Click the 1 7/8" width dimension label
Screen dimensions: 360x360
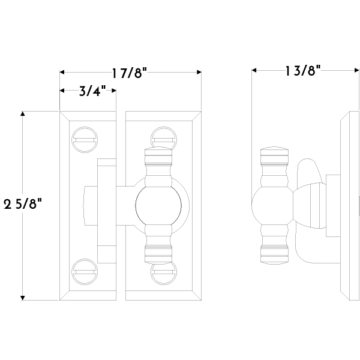coord(129,73)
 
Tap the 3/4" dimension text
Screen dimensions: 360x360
coord(92,91)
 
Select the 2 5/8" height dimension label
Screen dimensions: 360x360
coord(23,204)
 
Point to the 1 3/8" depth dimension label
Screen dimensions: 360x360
coord(302,70)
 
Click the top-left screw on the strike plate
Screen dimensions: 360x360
coord(85,140)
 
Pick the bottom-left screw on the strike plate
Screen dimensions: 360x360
coord(85,272)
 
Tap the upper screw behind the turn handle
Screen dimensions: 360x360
coord(163,138)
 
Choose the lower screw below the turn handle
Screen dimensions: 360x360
coord(163,273)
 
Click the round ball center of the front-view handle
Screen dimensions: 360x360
coord(158,205)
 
